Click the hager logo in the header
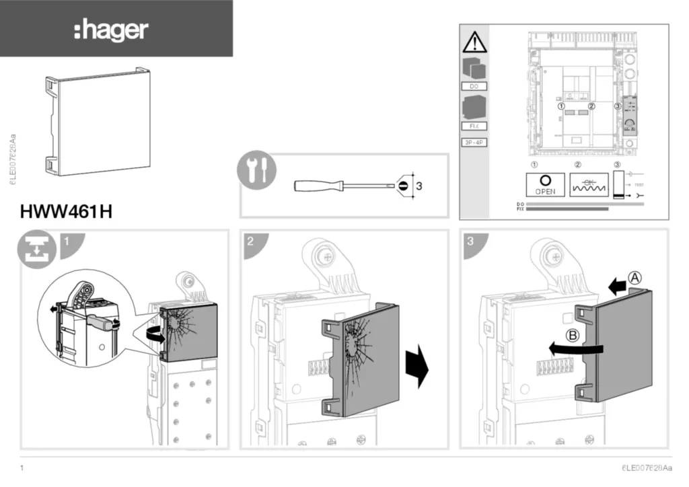tap(111, 30)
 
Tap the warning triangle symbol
tap(474, 42)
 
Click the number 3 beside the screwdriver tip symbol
tap(419, 186)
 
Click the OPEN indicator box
tap(545, 184)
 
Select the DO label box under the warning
tap(474, 87)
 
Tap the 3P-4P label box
tap(474, 143)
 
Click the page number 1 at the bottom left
tap(23, 467)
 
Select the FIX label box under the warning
tap(474, 126)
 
